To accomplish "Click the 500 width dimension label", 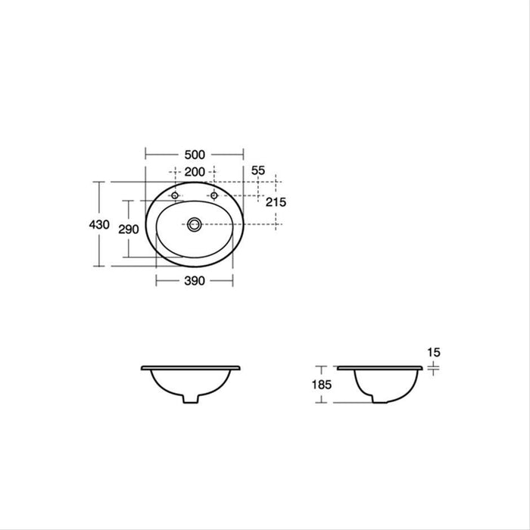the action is (195, 154).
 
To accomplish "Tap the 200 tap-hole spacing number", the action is (195, 172).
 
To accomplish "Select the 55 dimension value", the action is (258, 170).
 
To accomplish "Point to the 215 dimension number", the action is (276, 202).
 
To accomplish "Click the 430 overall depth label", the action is (99, 224).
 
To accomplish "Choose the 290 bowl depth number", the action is (129, 229).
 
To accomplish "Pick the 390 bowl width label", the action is (195, 281).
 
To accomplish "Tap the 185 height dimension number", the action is (322, 385).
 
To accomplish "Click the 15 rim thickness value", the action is (434, 353).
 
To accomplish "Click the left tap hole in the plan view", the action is (175, 195).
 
